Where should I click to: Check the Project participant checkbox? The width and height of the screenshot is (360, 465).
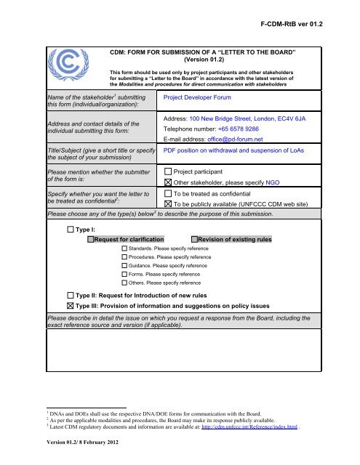coord(168,171)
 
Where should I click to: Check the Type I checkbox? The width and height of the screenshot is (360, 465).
coord(71,230)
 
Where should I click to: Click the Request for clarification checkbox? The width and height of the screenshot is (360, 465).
coord(91,239)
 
